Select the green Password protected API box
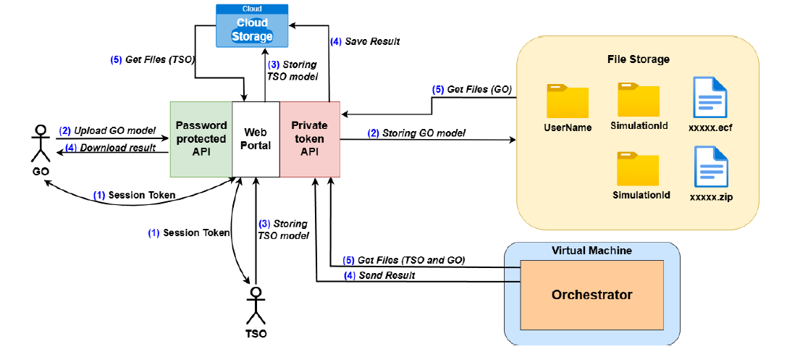click(201, 138)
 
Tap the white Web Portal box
click(256, 138)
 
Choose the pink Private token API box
click(309, 138)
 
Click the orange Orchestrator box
click(592, 295)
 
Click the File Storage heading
click(638, 59)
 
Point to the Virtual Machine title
click(592, 251)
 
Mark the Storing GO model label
click(416, 133)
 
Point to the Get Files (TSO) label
click(148, 59)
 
